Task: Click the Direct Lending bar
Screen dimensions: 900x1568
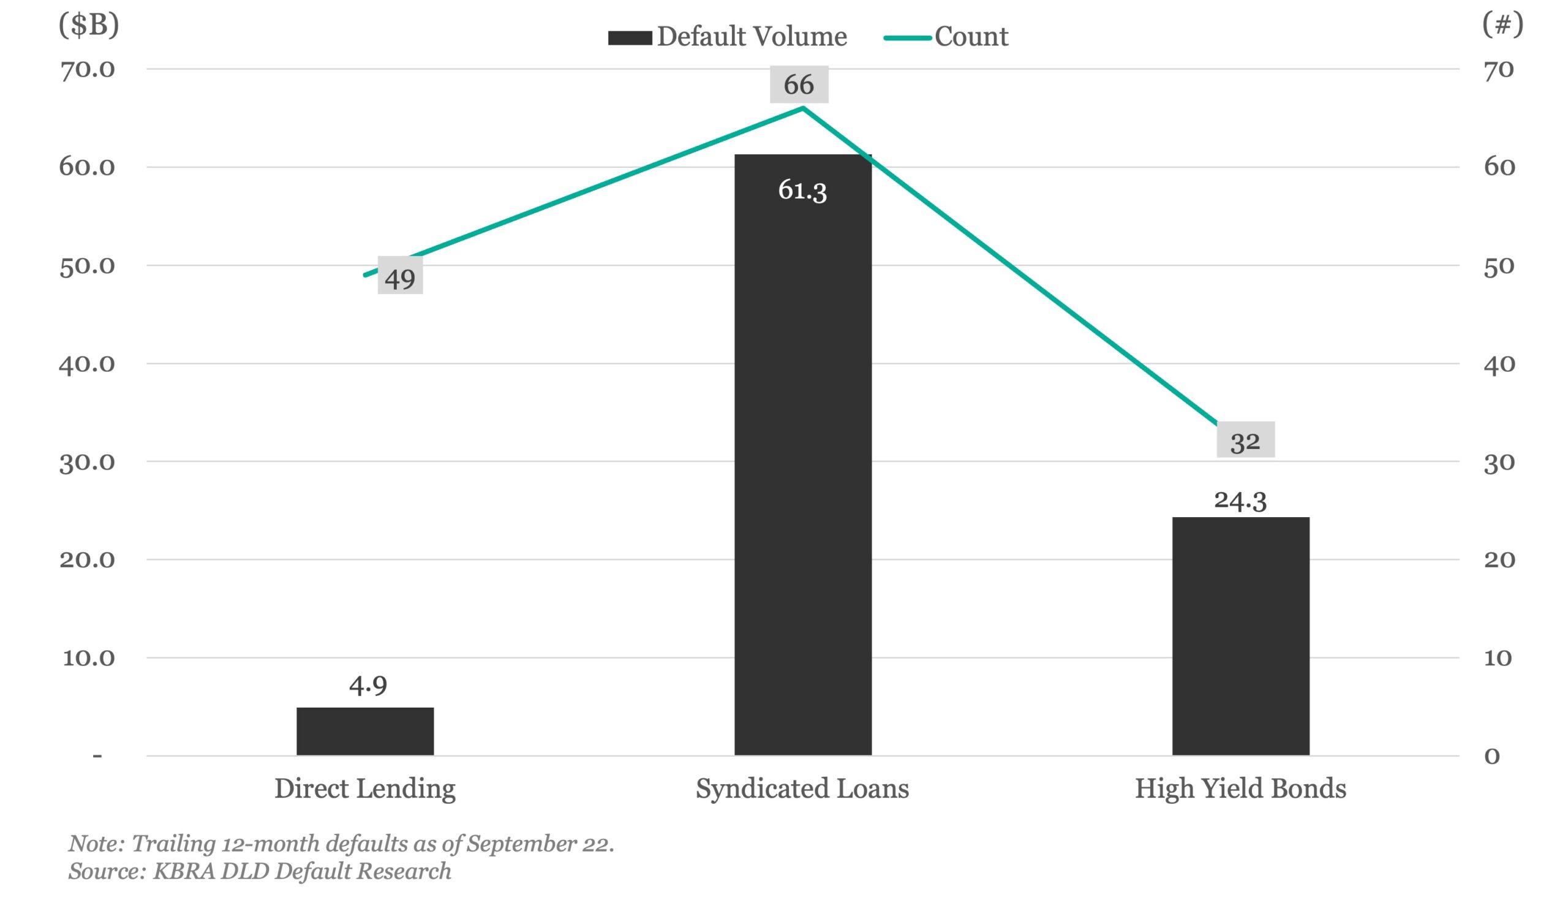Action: click(x=365, y=732)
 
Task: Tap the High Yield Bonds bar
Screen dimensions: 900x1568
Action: click(x=1240, y=637)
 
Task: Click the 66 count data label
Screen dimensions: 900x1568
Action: click(x=798, y=85)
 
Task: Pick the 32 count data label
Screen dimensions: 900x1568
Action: click(x=1245, y=441)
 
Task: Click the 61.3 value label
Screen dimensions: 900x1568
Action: click(x=802, y=190)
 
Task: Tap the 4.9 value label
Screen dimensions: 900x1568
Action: click(x=368, y=685)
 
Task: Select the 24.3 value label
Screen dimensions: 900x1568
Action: click(x=1240, y=500)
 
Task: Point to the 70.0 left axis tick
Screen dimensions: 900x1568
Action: click(x=87, y=69)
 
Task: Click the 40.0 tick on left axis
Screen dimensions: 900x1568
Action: click(x=87, y=363)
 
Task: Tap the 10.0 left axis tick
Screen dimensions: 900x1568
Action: click(x=88, y=658)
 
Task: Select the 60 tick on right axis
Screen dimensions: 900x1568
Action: click(x=1499, y=167)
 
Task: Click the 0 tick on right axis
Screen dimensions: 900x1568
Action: click(x=1492, y=756)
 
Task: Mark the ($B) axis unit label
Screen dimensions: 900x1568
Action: click(x=89, y=25)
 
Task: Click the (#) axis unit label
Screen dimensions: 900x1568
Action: click(x=1502, y=25)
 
